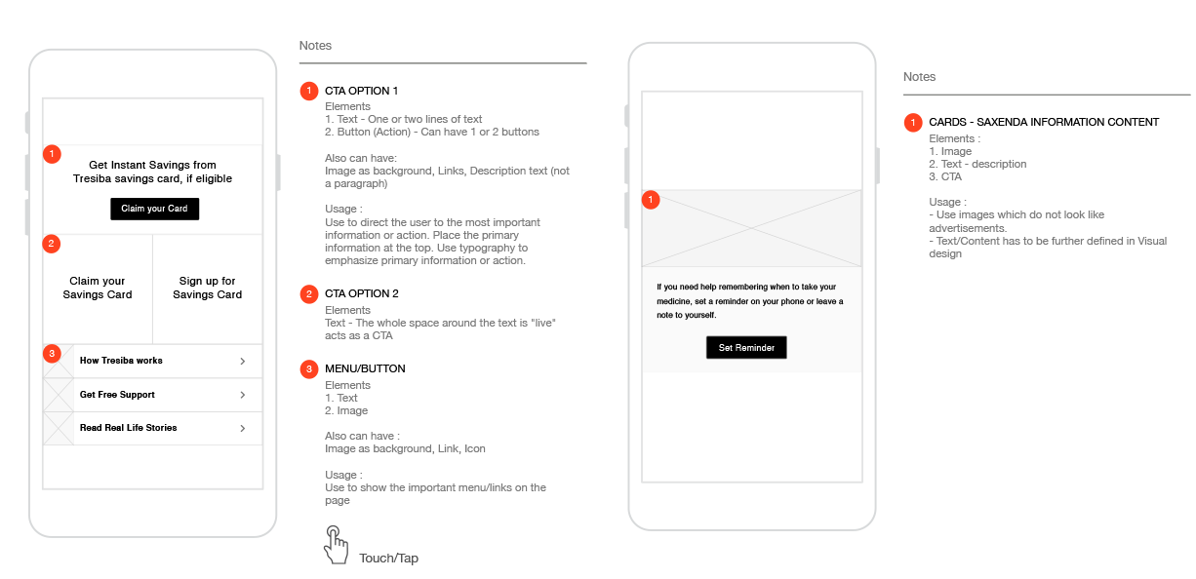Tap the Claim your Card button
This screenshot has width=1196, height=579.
coord(155,209)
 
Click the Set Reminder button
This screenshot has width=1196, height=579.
coord(746,347)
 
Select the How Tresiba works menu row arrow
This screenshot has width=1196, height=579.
coord(243,362)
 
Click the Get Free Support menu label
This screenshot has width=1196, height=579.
coord(117,395)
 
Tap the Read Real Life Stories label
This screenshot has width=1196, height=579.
coord(128,428)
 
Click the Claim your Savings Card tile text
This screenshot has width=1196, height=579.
coord(98,288)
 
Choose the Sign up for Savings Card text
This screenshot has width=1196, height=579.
coord(207,288)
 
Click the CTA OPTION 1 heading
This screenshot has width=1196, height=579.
coord(362,91)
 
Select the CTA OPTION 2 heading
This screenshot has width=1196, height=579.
coord(362,293)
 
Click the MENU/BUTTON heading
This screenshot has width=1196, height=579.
coord(365,368)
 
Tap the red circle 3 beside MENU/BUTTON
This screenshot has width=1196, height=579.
coord(309,368)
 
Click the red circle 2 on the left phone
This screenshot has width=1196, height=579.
coord(52,244)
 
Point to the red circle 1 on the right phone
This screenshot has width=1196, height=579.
coord(651,200)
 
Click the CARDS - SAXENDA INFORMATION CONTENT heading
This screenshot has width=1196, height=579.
coord(1044,122)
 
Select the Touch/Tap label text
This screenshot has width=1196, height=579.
coord(388,559)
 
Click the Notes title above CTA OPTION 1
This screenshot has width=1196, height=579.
coord(315,46)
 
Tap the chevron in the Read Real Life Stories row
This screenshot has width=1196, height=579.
coord(243,429)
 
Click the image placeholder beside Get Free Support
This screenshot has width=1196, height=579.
coord(59,395)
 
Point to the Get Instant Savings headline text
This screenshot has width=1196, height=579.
coord(153,172)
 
